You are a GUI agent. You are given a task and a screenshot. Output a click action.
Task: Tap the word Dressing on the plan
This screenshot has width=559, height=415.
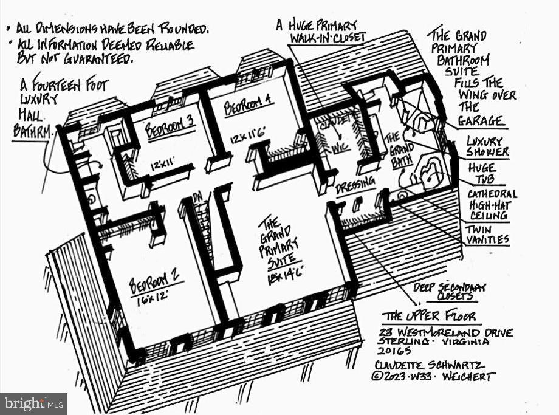355,185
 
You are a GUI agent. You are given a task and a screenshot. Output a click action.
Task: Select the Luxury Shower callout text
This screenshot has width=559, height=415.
488,146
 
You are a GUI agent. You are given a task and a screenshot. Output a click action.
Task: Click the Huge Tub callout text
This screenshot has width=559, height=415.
482,173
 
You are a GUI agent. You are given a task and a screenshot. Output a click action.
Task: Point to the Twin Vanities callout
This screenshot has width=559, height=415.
487,235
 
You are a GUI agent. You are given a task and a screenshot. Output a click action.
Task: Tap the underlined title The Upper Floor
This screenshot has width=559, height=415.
428,317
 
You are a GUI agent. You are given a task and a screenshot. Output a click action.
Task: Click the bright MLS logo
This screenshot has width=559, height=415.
33,403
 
